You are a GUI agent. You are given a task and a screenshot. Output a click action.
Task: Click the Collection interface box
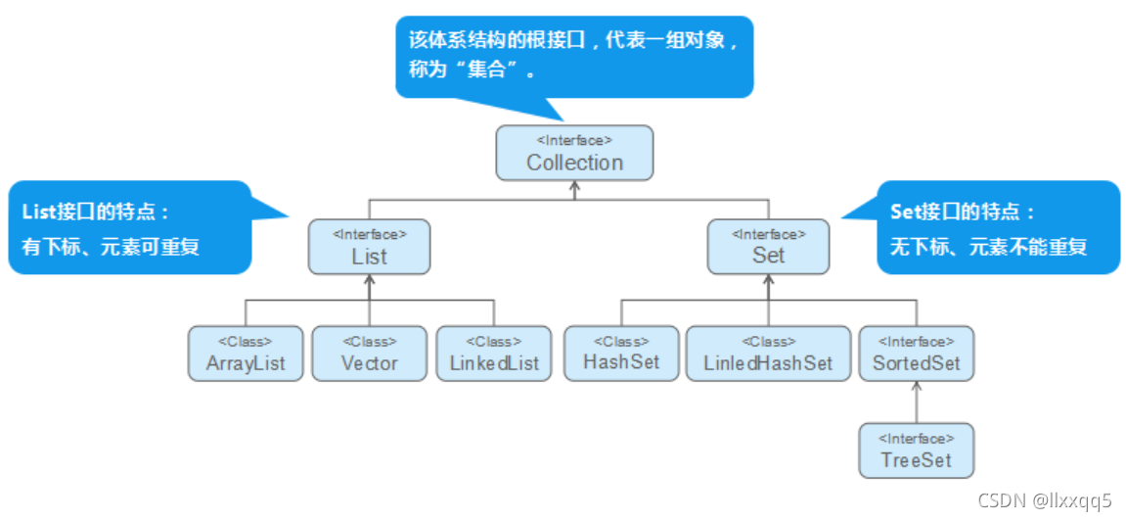click(x=574, y=153)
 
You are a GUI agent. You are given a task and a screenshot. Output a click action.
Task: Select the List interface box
click(x=369, y=247)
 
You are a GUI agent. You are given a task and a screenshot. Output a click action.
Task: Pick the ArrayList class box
click(x=246, y=354)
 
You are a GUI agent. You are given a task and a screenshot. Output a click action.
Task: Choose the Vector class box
click(x=369, y=354)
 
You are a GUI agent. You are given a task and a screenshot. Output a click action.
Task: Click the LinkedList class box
click(x=494, y=354)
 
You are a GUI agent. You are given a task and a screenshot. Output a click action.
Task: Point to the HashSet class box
click(x=621, y=353)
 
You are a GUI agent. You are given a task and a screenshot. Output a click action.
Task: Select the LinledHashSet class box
click(x=768, y=354)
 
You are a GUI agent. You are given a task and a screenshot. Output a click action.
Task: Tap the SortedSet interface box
click(x=917, y=354)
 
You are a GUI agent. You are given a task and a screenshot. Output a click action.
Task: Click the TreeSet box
click(x=917, y=450)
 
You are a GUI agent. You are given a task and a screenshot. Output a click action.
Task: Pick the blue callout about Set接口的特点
click(x=998, y=227)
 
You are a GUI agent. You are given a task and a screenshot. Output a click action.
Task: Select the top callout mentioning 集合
click(x=574, y=56)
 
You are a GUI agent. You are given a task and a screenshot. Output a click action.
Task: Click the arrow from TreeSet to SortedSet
click(x=917, y=402)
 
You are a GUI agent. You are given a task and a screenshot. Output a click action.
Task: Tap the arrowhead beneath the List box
click(x=369, y=280)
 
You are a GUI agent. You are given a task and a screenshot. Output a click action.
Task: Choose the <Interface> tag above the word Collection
click(x=574, y=140)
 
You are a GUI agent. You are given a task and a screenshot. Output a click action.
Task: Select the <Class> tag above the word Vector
click(x=369, y=342)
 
